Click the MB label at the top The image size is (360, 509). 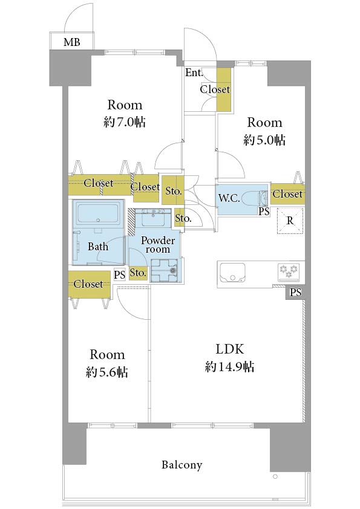(72, 42)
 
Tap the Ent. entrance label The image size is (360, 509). (194, 73)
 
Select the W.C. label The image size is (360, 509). (229, 198)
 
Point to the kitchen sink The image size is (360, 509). (232, 273)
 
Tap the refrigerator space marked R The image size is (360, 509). (290, 221)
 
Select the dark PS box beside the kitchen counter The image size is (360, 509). (295, 293)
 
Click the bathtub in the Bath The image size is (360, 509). (98, 213)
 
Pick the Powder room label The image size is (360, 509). (157, 245)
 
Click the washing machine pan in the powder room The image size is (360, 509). (165, 270)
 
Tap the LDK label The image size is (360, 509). (229, 349)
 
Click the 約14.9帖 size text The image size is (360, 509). (229, 367)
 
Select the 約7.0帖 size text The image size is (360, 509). (125, 122)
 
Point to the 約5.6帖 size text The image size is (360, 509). (107, 372)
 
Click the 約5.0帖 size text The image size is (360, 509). (264, 140)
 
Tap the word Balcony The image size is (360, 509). (182, 465)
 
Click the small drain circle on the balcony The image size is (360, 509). (275, 476)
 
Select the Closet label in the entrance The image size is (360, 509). (215, 89)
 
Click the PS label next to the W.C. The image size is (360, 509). (264, 212)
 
